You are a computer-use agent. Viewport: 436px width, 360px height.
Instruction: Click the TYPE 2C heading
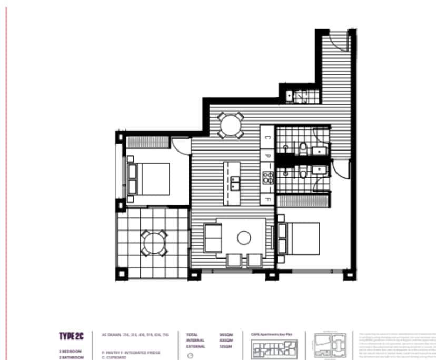pos(71,336)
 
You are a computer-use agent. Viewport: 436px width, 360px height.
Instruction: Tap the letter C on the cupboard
pos(267,137)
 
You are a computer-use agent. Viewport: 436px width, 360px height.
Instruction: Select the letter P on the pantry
pos(267,157)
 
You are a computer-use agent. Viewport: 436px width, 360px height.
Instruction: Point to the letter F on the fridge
pos(267,200)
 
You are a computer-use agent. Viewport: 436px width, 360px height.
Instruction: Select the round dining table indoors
pos(230,125)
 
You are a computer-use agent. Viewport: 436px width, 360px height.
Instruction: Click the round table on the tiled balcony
pos(153,243)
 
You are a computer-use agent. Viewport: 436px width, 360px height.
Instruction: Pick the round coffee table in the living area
pos(244,238)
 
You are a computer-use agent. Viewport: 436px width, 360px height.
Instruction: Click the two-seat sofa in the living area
pos(213,237)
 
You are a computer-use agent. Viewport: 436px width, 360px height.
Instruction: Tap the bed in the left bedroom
pos(148,178)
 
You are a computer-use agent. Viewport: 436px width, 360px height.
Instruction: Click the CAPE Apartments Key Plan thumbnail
pos(274,347)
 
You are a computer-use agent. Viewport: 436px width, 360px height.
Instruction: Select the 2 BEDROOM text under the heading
pos(70,351)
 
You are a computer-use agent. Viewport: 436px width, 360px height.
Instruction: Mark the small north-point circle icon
pos(190,355)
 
